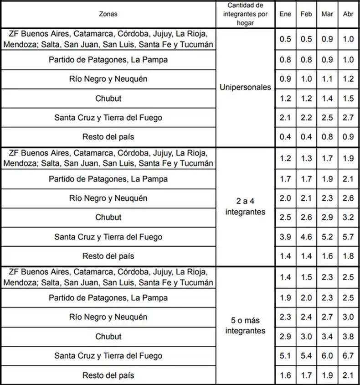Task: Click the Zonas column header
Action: click(x=108, y=14)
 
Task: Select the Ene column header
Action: click(x=285, y=14)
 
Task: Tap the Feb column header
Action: click(x=306, y=14)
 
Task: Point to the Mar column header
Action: click(x=327, y=14)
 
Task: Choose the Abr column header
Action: click(x=348, y=14)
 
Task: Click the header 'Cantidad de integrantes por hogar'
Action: click(x=245, y=14)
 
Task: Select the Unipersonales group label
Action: click(x=245, y=88)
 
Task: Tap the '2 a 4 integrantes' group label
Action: click(x=245, y=207)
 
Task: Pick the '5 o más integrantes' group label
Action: click(x=245, y=326)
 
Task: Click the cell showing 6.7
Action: click(x=348, y=356)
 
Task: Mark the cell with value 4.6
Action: click(x=306, y=237)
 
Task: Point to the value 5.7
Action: click(x=348, y=237)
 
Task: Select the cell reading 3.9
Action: click(x=285, y=237)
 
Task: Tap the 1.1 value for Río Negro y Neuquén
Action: click(x=327, y=79)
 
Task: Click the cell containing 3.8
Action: click(x=348, y=337)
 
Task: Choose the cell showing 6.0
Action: click(x=327, y=356)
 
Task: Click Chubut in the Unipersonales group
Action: click(x=108, y=99)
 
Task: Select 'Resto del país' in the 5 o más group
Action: click(x=108, y=375)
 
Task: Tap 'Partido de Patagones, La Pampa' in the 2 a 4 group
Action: click(x=108, y=179)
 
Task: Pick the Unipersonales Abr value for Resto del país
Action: click(x=348, y=136)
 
